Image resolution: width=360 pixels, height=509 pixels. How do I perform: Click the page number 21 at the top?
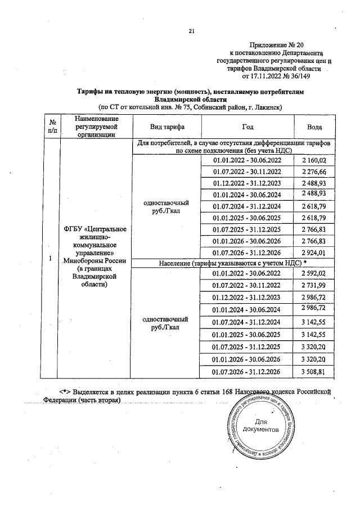[x=191, y=31]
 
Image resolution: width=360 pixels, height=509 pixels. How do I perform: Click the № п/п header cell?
[x=52, y=127]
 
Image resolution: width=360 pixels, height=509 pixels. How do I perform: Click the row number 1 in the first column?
[x=51, y=258]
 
